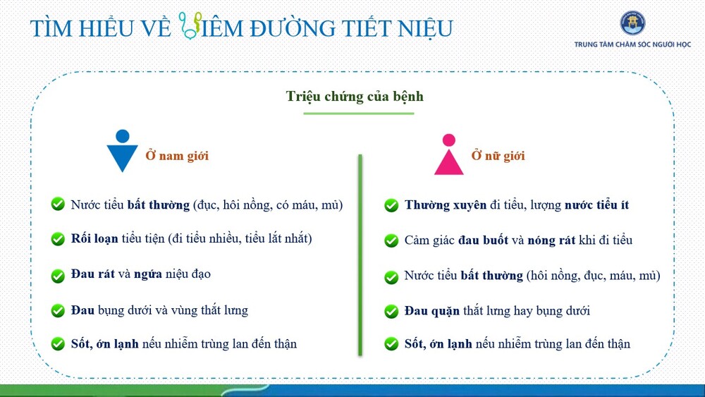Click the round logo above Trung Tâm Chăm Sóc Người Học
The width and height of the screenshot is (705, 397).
tap(632, 23)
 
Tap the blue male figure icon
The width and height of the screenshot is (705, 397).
tap(122, 151)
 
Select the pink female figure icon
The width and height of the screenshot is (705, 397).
tap(448, 154)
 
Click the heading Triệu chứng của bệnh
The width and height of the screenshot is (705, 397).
tap(355, 96)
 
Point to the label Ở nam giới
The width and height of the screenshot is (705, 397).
tap(177, 156)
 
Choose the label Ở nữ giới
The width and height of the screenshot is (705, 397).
tap(498, 156)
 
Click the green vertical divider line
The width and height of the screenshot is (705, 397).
tap(360, 255)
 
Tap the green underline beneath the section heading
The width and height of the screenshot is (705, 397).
tap(359, 114)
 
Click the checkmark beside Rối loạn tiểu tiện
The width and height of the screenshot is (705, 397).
tap(58, 239)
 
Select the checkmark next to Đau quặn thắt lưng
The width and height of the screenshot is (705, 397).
tap(391, 311)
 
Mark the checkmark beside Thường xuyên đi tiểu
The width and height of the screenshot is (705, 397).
tap(391, 205)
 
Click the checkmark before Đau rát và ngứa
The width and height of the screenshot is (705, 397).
tap(58, 275)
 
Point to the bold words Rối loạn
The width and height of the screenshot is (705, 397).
tap(94, 238)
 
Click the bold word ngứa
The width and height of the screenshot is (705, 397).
tap(148, 274)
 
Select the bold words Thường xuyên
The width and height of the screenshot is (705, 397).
tap(446, 205)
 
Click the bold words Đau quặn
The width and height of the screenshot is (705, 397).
tap(432, 311)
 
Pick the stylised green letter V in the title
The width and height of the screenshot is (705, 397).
tap(189, 25)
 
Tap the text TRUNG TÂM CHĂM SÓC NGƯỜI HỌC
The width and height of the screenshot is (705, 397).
tap(632, 44)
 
